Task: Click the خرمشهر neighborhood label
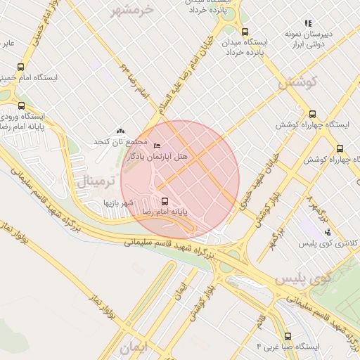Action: click(x=131, y=11)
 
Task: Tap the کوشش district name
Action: click(x=297, y=82)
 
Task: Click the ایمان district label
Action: click(x=135, y=347)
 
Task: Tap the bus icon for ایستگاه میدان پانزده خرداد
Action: click(x=245, y=32)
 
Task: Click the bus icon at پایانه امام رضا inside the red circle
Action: click(x=165, y=200)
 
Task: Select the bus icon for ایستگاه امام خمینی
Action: click(x=20, y=67)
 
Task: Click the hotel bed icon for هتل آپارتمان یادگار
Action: click(x=157, y=146)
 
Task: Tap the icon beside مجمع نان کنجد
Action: click(x=120, y=131)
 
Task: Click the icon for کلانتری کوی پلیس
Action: click(x=327, y=232)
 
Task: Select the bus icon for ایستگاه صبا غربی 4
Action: click(x=288, y=336)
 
